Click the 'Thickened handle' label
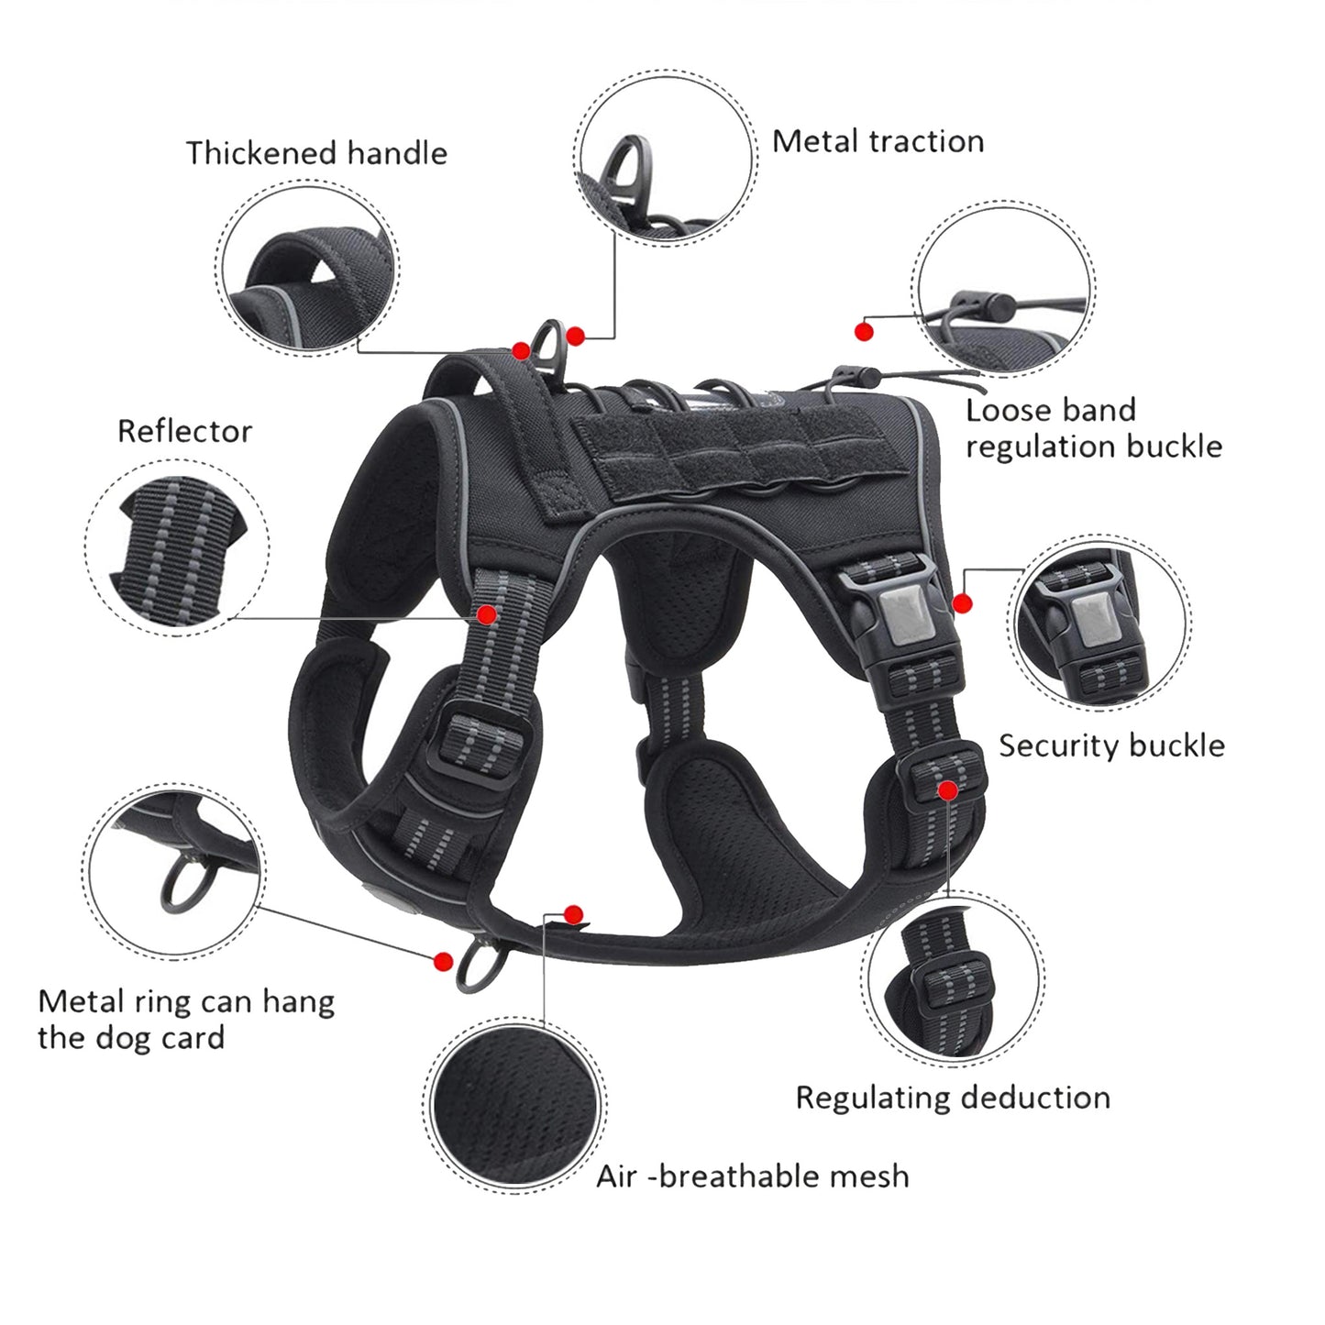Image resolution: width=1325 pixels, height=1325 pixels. click(x=316, y=153)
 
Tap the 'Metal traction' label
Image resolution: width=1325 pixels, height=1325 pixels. click(x=878, y=141)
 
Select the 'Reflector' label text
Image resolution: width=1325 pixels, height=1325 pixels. click(x=184, y=431)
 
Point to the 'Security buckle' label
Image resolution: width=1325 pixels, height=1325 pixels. click(x=1111, y=745)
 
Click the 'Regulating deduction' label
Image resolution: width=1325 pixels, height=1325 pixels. click(x=953, y=1098)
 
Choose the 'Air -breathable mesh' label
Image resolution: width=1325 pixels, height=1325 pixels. click(x=753, y=1176)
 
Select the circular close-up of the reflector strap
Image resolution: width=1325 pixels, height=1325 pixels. click(x=178, y=548)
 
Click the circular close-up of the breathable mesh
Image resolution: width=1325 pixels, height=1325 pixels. click(x=514, y=1105)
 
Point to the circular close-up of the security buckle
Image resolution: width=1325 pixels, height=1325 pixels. click(x=1099, y=624)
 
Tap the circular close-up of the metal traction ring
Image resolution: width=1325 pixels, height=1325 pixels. click(x=665, y=158)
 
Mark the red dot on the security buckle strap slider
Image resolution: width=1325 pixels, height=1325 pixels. click(x=948, y=789)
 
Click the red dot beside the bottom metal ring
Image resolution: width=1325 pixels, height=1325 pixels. click(x=444, y=961)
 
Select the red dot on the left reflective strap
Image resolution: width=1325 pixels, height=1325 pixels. click(x=487, y=613)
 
